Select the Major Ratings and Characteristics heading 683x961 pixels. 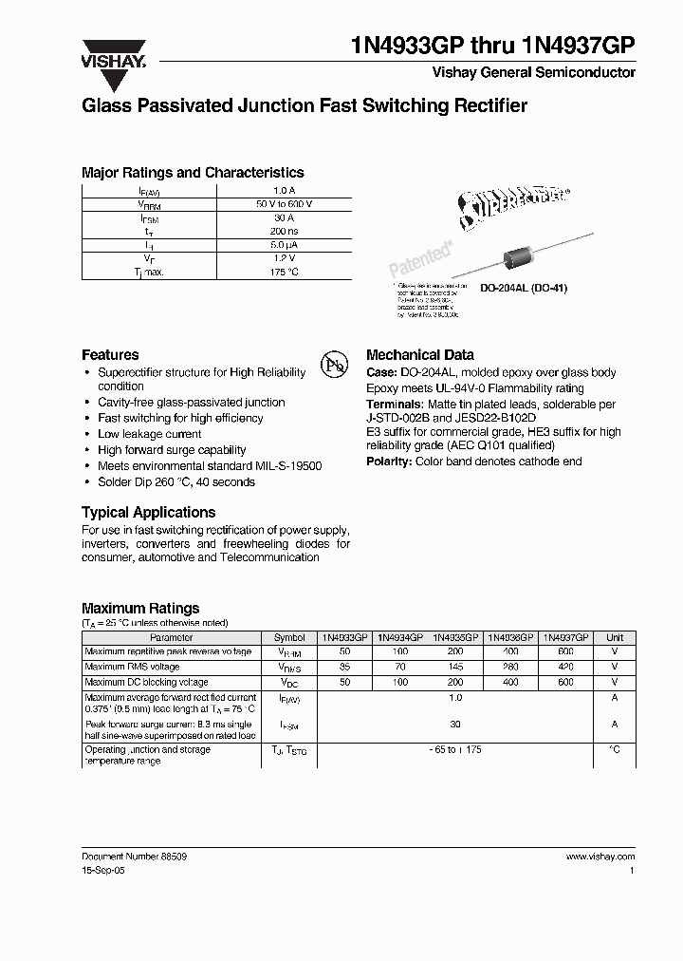[193, 173]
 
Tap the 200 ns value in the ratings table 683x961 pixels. [284, 231]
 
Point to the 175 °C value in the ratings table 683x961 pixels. [284, 272]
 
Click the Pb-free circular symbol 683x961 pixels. [334, 366]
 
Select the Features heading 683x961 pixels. [110, 354]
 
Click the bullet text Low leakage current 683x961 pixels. [150, 434]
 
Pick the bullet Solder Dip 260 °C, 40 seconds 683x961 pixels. [176, 482]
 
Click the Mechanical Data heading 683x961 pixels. [419, 354]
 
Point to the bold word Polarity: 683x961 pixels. [389, 462]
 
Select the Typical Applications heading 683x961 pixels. [148, 512]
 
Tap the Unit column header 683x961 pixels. [615, 638]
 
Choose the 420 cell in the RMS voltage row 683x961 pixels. [565, 668]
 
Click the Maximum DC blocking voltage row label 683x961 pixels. [147, 683]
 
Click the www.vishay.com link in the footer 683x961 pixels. [600, 856]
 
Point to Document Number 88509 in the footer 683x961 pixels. [134, 856]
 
